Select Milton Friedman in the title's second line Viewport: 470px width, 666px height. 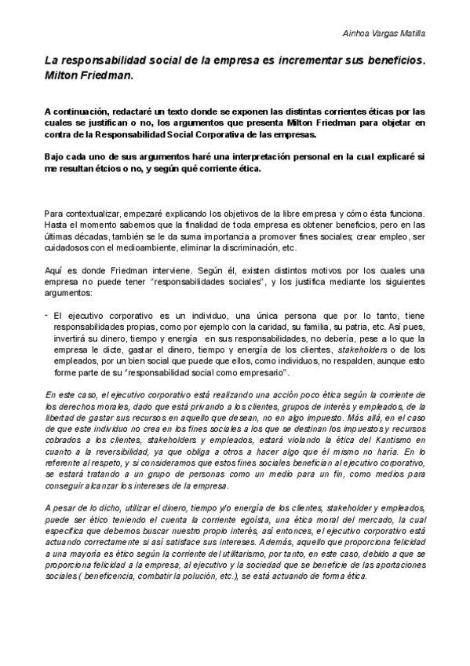coord(89,76)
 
